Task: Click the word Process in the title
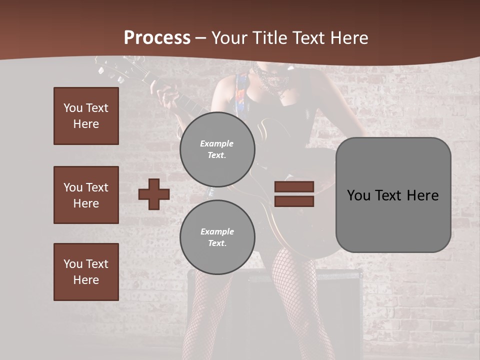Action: [x=157, y=38]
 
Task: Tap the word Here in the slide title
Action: [x=348, y=38]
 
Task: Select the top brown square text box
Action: [x=86, y=116]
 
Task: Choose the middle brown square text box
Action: [x=86, y=195]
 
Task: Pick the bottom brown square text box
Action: [x=86, y=272]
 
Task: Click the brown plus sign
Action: [x=154, y=194]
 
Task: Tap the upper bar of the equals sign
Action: [x=294, y=186]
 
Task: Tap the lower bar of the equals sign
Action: [x=294, y=201]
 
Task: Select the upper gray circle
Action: [x=217, y=149]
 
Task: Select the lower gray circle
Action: [x=217, y=237]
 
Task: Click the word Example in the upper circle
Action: [x=217, y=144]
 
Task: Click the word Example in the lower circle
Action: [x=217, y=232]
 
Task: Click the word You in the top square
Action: [x=73, y=108]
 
